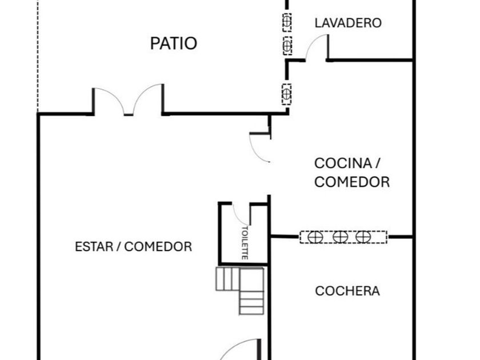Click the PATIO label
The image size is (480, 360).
pyautogui.click(x=174, y=43)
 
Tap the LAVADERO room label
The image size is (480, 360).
pyautogui.click(x=348, y=23)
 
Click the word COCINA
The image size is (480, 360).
pyautogui.click(x=343, y=163)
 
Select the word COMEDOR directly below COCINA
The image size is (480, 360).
pyautogui.click(x=352, y=182)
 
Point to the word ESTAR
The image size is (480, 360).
pyautogui.click(x=94, y=246)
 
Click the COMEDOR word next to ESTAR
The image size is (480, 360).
pyautogui.click(x=158, y=246)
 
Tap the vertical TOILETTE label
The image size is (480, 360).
pyautogui.click(x=245, y=243)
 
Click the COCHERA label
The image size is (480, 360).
pyautogui.click(x=347, y=291)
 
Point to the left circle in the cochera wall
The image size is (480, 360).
pyautogui.click(x=315, y=237)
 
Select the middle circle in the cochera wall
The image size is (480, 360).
pyautogui.click(x=340, y=237)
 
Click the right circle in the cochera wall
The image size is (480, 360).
pyautogui.click(x=363, y=237)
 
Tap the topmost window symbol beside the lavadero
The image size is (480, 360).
pyautogui.click(x=287, y=22)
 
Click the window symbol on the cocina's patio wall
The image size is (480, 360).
pyautogui.click(x=286, y=94)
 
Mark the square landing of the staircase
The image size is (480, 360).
pyautogui.click(x=251, y=279)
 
